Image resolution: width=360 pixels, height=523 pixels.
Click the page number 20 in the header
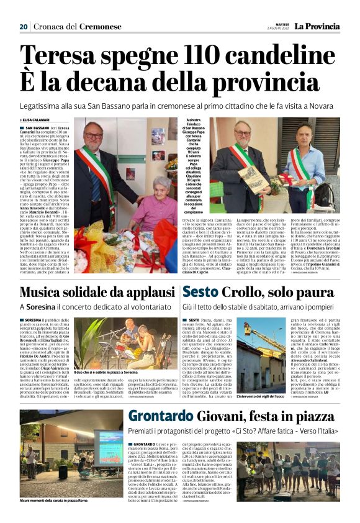tap(24, 27)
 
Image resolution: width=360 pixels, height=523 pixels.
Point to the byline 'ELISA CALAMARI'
tap(36, 120)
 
